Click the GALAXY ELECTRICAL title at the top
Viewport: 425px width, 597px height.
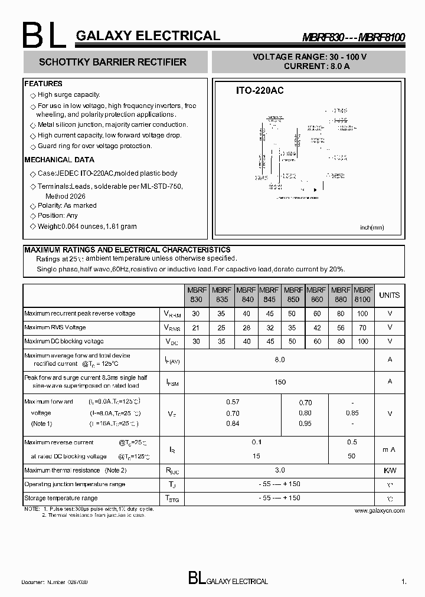tap(148, 36)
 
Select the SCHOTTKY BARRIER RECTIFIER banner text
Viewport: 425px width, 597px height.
tap(112, 62)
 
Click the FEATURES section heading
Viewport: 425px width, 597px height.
tap(43, 84)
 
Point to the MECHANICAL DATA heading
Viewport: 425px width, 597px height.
tap(59, 160)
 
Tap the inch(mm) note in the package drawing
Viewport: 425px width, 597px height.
tap(372, 227)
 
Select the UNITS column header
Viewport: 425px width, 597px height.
tap(389, 295)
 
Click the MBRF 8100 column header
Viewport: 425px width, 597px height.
tap(363, 295)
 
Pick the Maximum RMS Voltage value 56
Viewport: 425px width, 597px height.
tap(340, 327)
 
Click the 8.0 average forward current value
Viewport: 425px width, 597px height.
tap(280, 359)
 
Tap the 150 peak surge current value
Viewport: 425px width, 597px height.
tap(280, 382)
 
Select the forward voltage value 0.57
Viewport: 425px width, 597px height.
tap(233, 402)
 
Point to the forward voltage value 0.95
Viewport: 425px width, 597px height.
tap(305, 424)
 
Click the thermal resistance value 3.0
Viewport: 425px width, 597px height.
tap(280, 470)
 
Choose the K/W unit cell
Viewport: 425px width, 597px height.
tap(390, 470)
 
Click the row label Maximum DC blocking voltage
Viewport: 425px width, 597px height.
tap(64, 342)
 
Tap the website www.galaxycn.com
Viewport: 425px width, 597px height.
tap(380, 511)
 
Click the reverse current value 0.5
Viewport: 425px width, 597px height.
tap(352, 442)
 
